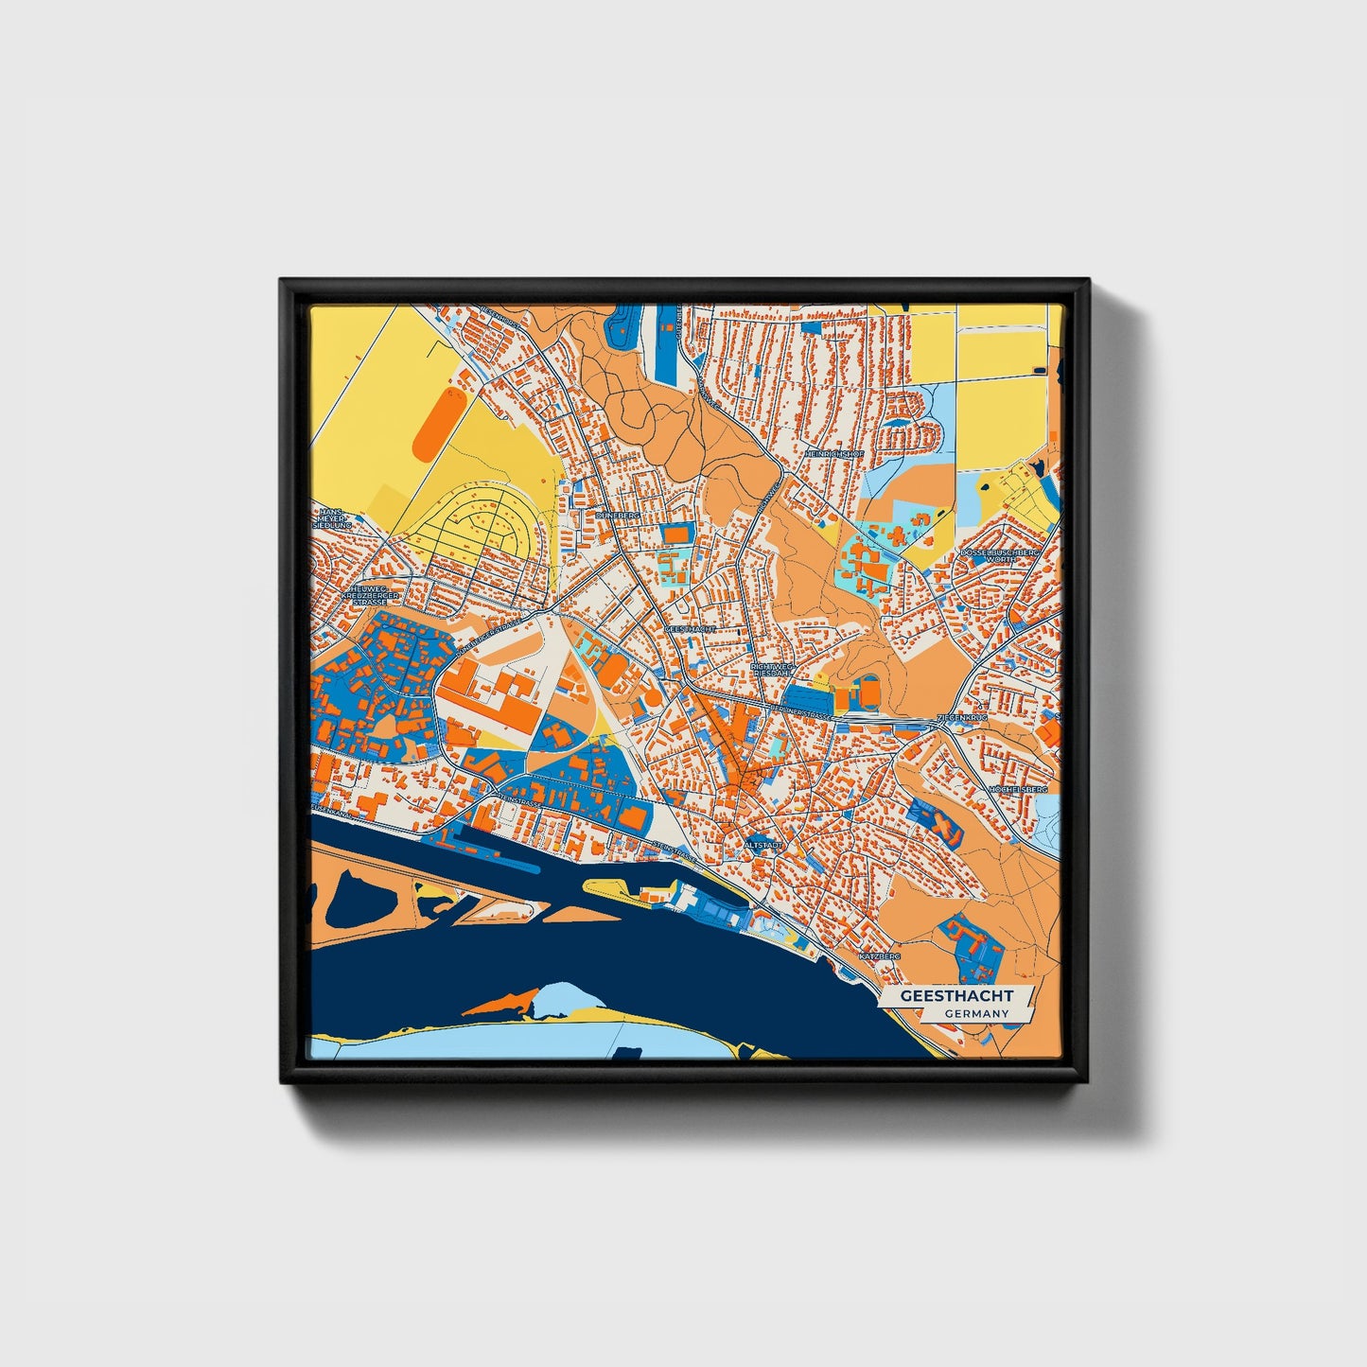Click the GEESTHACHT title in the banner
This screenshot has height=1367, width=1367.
pyautogui.click(x=956, y=996)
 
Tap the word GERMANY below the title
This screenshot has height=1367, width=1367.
pyautogui.click(x=974, y=1013)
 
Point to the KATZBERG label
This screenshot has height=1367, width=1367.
pyautogui.click(x=879, y=956)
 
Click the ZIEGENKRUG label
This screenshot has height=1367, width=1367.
pyautogui.click(x=961, y=718)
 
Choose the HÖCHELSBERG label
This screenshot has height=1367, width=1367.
pyautogui.click(x=1018, y=788)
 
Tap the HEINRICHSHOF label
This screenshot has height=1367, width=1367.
pyautogui.click(x=835, y=454)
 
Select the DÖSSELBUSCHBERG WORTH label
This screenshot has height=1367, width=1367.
pyautogui.click(x=1000, y=555)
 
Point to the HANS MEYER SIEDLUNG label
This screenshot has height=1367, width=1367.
pyautogui.click(x=335, y=517)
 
